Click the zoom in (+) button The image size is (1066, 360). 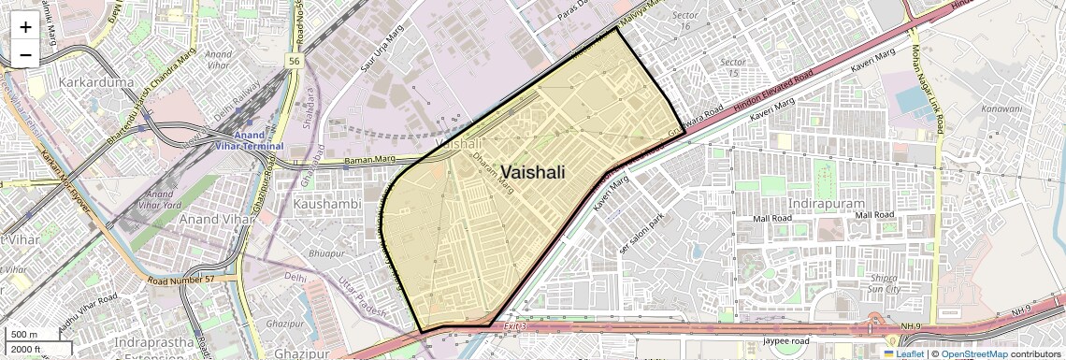[25, 26]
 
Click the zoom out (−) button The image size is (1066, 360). [25, 54]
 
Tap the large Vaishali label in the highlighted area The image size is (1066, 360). [533, 172]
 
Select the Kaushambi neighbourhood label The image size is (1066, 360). [326, 203]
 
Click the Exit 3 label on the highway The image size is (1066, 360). [514, 326]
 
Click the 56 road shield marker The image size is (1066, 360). [294, 60]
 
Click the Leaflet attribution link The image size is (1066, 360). [903, 353]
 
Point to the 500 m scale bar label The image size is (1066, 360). [23, 335]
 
